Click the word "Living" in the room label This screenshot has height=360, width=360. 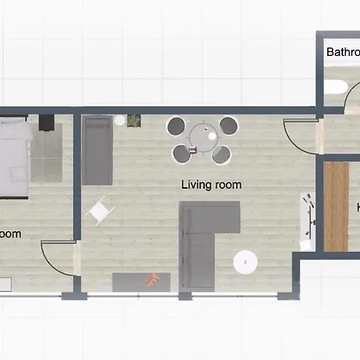click(x=194, y=185)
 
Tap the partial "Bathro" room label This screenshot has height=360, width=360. click(x=342, y=53)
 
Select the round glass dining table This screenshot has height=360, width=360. click(x=202, y=138)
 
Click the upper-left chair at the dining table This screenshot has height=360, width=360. click(x=177, y=125)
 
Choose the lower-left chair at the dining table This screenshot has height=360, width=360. click(x=178, y=153)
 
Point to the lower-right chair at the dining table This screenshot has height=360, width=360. click(x=227, y=153)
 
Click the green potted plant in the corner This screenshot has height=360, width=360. click(x=133, y=121)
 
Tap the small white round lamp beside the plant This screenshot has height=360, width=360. click(x=119, y=120)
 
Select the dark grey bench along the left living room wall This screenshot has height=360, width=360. click(x=97, y=150)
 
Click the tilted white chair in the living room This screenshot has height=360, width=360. click(x=100, y=210)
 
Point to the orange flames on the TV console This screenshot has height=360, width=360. click(x=152, y=279)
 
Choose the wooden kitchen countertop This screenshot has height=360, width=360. click(x=336, y=206)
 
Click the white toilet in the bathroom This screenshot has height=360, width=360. click(x=337, y=86)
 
